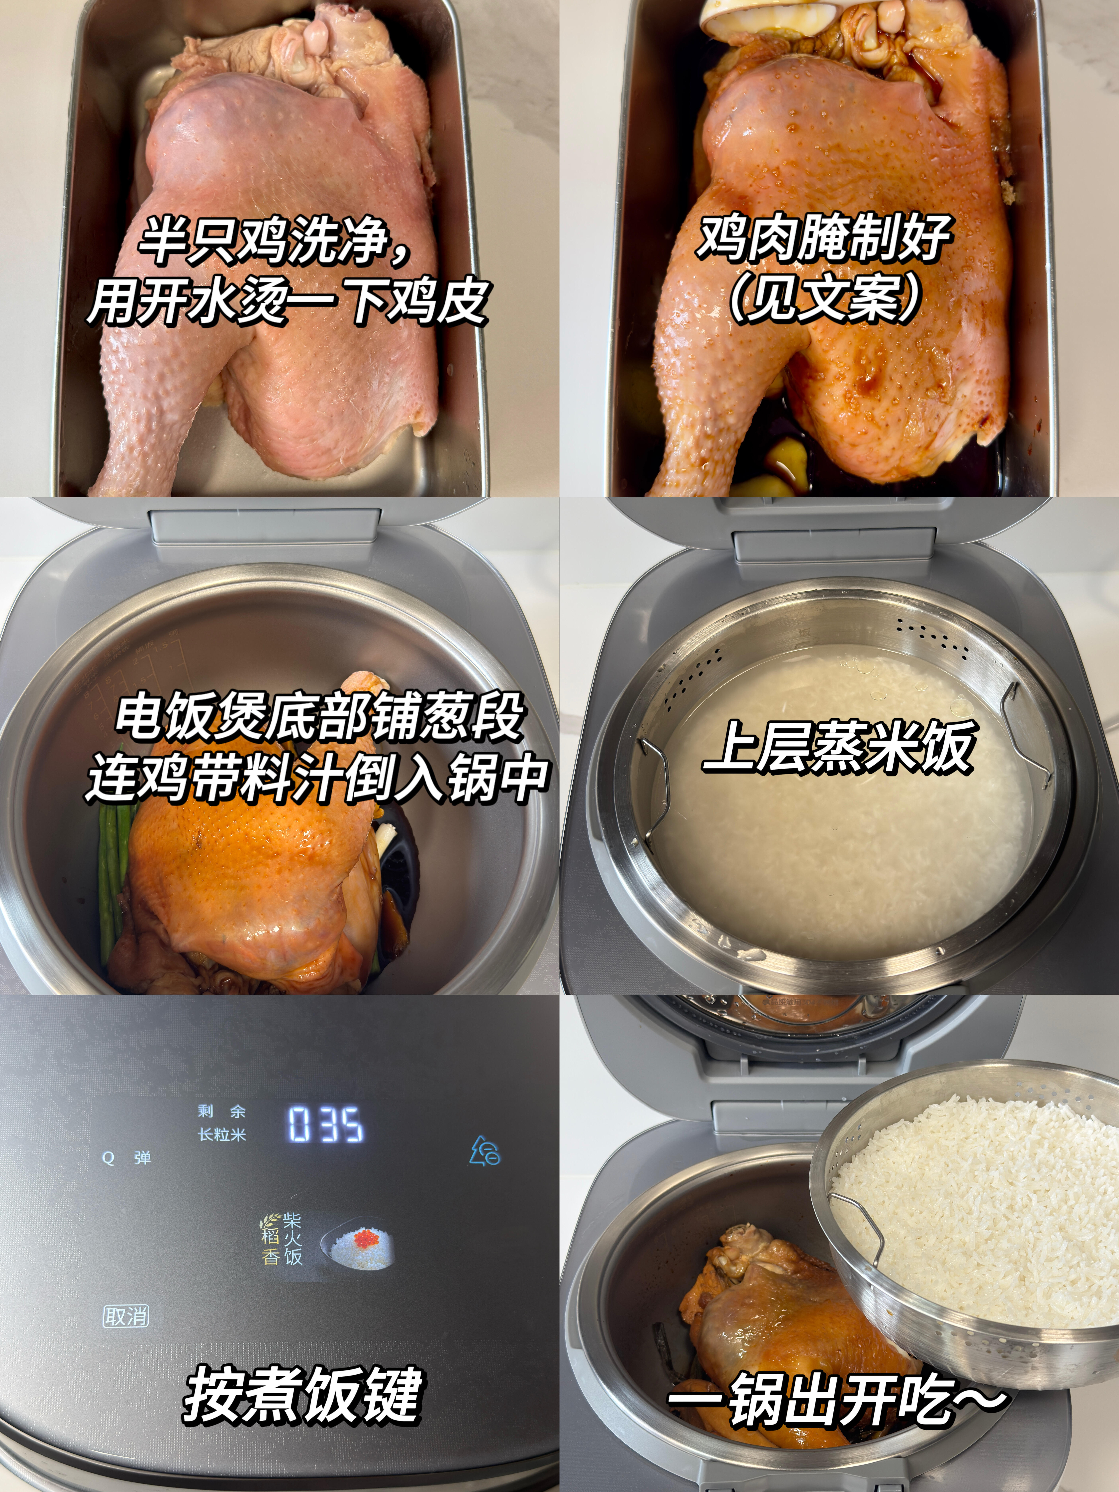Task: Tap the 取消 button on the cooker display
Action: point(126,1316)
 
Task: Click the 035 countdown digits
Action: point(326,1124)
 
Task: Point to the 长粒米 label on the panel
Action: point(222,1134)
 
